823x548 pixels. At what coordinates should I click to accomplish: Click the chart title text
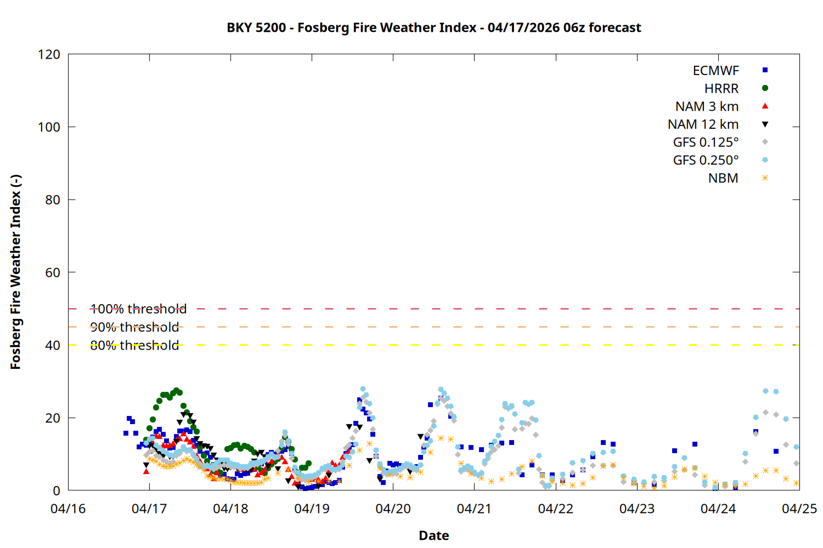433,27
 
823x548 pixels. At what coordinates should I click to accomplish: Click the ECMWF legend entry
715,71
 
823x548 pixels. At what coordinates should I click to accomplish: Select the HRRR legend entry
721,89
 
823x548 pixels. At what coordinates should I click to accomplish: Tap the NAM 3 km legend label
707,106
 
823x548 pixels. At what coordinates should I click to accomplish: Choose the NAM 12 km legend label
703,124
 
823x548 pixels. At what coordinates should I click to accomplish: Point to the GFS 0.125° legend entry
706,142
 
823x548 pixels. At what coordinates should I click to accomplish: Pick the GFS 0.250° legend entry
706,161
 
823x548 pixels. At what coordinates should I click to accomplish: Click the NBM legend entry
723,178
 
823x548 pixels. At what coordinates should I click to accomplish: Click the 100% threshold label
138,309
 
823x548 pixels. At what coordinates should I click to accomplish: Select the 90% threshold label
134,327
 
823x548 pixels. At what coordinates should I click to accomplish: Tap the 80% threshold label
134,345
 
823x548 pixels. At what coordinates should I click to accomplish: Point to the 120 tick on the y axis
49,54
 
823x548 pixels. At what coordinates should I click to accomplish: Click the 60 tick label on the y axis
53,272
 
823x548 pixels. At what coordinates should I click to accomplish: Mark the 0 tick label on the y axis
57,490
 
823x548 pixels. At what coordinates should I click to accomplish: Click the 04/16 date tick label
68,509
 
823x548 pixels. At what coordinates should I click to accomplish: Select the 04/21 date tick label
474,509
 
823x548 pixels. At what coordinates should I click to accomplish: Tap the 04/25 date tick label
799,509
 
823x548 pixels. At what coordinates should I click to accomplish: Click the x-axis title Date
433,535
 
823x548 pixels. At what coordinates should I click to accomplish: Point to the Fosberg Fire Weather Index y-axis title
15,272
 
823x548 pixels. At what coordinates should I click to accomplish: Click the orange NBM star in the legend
765,178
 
